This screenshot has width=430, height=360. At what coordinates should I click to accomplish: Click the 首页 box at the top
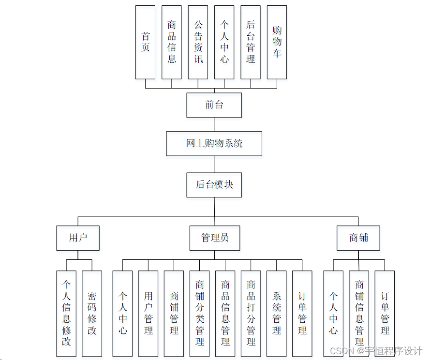click(145, 42)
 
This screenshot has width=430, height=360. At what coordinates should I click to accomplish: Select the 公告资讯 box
click(198, 42)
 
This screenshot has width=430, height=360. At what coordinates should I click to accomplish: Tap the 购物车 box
click(277, 42)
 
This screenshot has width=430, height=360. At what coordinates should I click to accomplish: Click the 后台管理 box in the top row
click(251, 42)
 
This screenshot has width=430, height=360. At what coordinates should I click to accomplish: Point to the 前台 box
click(214, 105)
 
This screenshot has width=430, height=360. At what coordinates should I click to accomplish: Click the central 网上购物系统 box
click(214, 143)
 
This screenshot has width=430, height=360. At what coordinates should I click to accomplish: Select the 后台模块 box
click(214, 184)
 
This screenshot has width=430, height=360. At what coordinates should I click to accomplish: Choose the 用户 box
click(78, 238)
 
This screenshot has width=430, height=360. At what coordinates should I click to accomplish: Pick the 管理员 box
click(214, 238)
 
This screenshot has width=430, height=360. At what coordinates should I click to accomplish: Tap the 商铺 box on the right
click(358, 238)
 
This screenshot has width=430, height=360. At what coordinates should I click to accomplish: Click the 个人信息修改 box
click(66, 314)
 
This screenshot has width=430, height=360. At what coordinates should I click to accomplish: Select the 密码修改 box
click(92, 314)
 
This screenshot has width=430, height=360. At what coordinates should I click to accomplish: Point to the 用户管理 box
click(148, 314)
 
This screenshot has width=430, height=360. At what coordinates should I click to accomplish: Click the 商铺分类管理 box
click(200, 314)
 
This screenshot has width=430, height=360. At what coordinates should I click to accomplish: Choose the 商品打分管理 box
click(251, 314)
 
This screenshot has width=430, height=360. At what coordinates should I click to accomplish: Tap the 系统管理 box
click(277, 314)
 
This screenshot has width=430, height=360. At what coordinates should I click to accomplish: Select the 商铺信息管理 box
click(359, 314)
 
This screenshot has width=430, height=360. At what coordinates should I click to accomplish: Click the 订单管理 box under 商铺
click(385, 314)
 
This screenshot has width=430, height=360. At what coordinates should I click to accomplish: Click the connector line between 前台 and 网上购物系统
click(214, 124)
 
